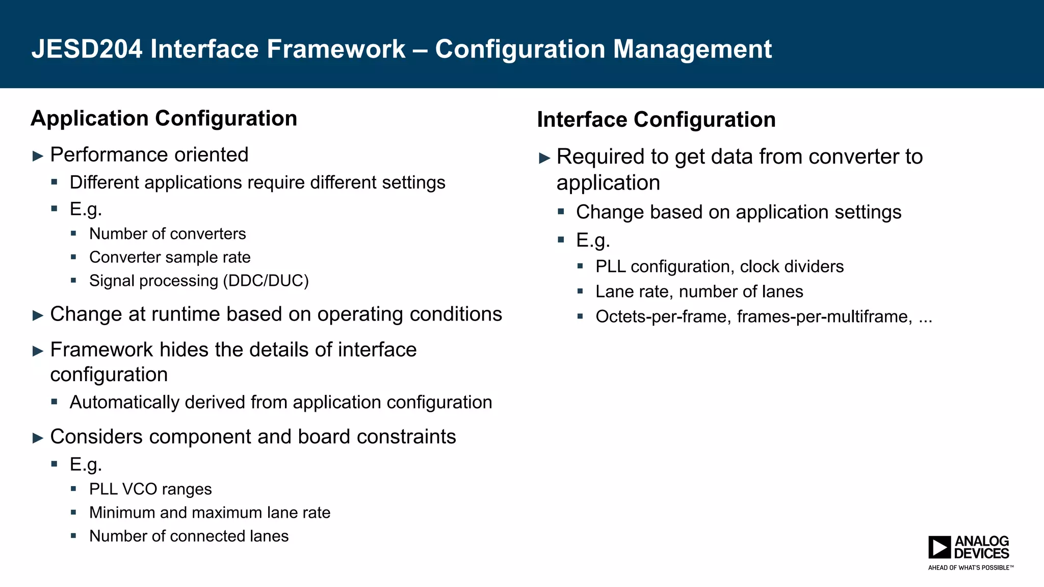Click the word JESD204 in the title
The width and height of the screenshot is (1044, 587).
click(87, 49)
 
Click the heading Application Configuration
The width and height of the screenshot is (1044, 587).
click(164, 118)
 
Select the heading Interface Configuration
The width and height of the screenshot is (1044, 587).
click(656, 120)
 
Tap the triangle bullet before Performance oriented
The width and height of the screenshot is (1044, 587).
click(38, 156)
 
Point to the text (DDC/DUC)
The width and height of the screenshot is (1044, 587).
click(266, 281)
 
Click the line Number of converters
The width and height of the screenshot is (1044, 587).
click(167, 234)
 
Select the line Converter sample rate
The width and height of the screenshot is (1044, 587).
click(170, 257)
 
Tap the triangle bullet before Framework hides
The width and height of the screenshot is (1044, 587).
click(38, 351)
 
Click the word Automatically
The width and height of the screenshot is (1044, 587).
click(124, 403)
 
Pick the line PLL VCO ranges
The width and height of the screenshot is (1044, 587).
click(150, 489)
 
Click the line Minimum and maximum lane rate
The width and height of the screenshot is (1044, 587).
click(210, 513)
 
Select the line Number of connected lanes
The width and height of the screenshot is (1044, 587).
click(189, 536)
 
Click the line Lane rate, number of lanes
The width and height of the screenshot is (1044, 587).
click(699, 291)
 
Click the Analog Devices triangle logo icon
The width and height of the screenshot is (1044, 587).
click(939, 547)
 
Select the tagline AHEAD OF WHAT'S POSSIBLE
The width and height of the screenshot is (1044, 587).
click(970, 568)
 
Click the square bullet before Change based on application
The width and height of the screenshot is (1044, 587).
click(561, 211)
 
